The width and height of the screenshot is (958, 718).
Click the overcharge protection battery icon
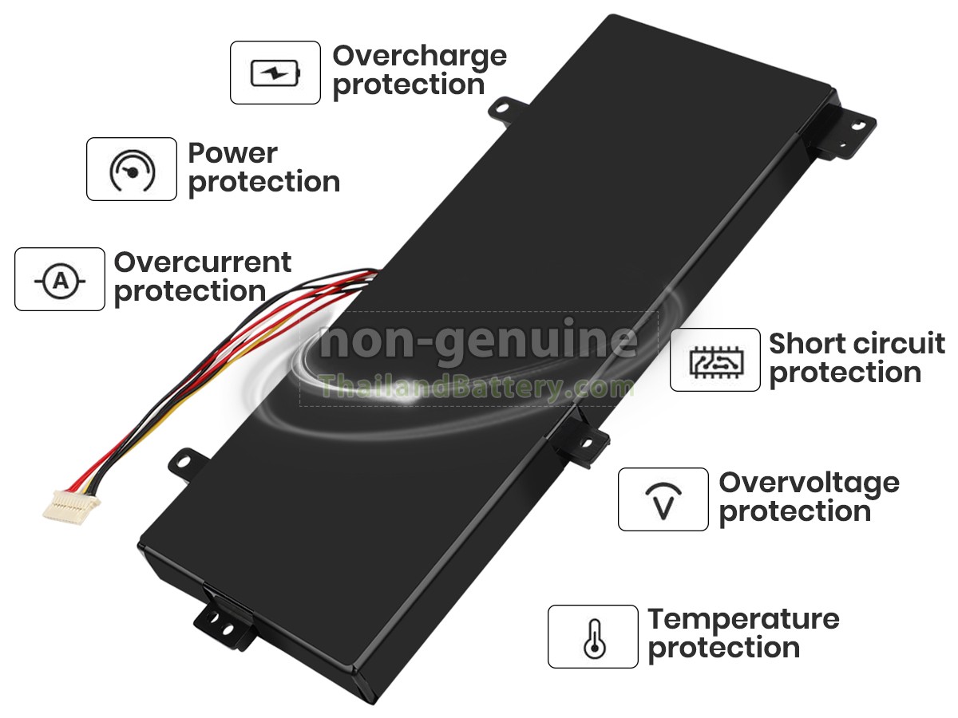click(275, 73)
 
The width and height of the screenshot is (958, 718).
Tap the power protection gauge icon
click(131, 169)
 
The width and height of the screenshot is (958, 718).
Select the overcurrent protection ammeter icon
click(60, 280)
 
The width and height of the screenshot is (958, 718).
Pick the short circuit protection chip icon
click(715, 360)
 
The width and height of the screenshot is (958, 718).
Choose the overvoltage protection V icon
click(663, 499)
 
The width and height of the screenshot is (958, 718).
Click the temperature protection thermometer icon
click(593, 637)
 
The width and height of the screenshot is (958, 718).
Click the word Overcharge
click(419, 56)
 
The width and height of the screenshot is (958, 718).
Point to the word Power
click(232, 152)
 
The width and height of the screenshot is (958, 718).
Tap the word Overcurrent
click(203, 262)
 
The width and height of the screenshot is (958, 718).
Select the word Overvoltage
click(809, 483)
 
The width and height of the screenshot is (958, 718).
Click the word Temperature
click(743, 619)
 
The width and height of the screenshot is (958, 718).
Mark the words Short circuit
click(857, 344)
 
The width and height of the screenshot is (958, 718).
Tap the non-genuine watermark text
click(477, 341)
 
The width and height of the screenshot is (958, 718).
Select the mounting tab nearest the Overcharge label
click(503, 110)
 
